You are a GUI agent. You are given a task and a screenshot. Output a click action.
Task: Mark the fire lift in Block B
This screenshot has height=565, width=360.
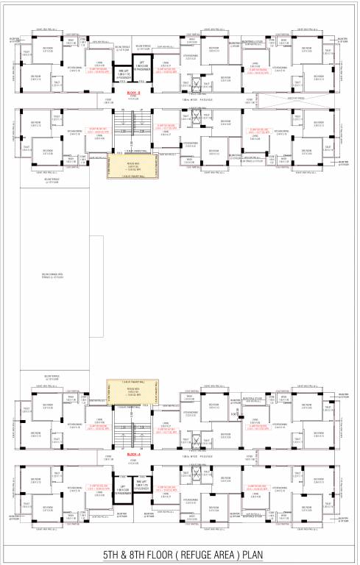point(124,74)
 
